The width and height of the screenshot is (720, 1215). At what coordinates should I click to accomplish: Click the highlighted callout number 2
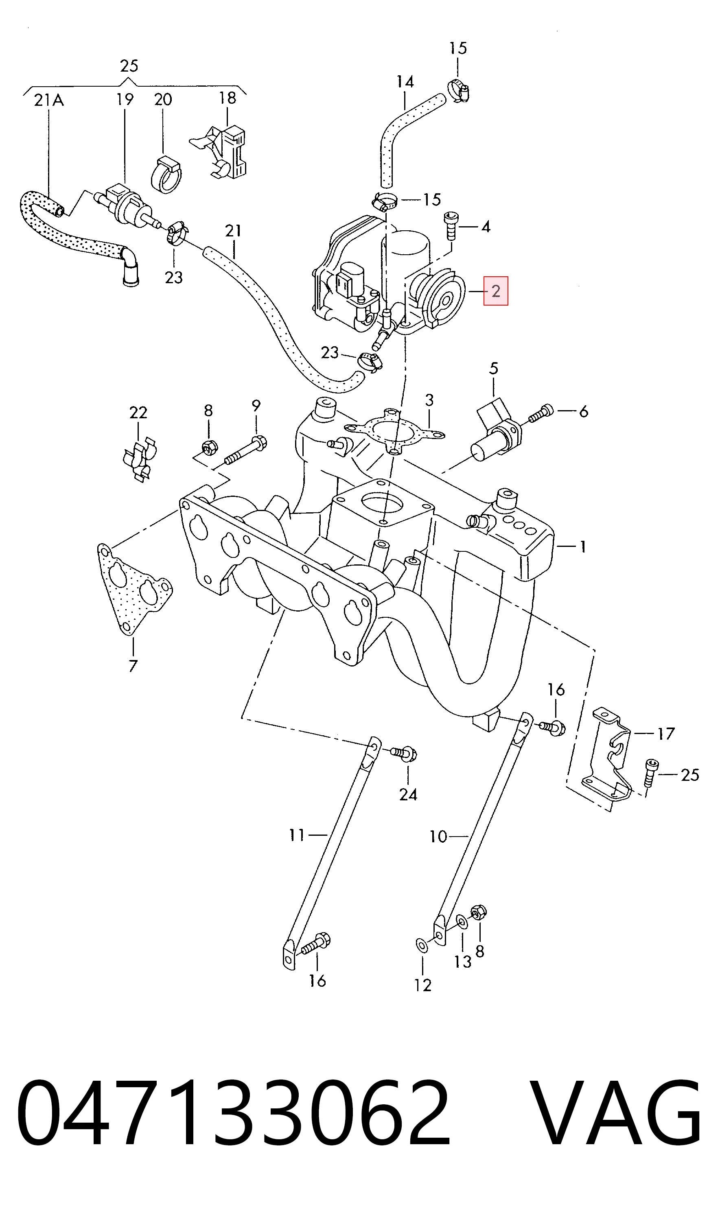pyautogui.click(x=495, y=291)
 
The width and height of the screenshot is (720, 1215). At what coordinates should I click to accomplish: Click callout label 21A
pyautogui.click(x=49, y=101)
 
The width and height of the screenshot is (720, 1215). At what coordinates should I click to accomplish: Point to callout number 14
pyautogui.click(x=405, y=81)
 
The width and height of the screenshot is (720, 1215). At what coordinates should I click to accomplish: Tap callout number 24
pyautogui.click(x=408, y=795)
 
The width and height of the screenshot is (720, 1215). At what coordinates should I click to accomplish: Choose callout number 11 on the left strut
pyautogui.click(x=297, y=835)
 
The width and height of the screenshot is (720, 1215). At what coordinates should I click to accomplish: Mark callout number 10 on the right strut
pyautogui.click(x=438, y=836)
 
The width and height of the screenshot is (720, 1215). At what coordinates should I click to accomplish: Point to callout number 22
pyautogui.click(x=138, y=412)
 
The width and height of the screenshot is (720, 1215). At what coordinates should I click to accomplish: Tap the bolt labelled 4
pyautogui.click(x=451, y=226)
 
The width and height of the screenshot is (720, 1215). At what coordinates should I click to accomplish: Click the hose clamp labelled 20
pyautogui.click(x=167, y=174)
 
